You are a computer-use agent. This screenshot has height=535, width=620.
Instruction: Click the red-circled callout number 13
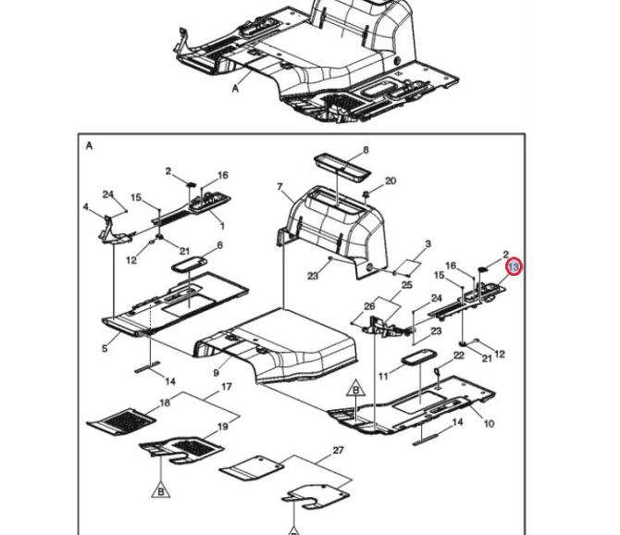tap(515, 267)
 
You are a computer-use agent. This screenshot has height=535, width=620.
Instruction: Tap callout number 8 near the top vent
tap(366, 150)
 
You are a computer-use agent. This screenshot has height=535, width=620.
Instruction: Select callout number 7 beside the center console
tap(279, 188)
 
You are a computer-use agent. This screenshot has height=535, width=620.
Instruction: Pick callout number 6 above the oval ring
tap(219, 245)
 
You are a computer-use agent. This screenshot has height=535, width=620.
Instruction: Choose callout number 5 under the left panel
tap(105, 348)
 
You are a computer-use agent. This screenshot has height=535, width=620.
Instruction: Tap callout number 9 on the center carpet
tap(216, 372)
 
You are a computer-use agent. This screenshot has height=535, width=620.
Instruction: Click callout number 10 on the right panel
tap(489, 424)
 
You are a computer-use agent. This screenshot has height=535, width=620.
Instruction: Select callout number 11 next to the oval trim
tap(382, 377)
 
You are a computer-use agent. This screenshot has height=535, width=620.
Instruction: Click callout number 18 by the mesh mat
tap(165, 404)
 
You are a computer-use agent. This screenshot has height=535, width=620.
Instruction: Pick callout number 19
tap(222, 427)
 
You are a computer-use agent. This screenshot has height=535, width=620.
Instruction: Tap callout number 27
tap(339, 450)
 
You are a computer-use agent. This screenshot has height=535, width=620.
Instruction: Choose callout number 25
tap(405, 286)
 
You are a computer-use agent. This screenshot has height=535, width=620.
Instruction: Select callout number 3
tap(428, 244)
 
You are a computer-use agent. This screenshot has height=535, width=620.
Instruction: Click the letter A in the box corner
tap(90, 146)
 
